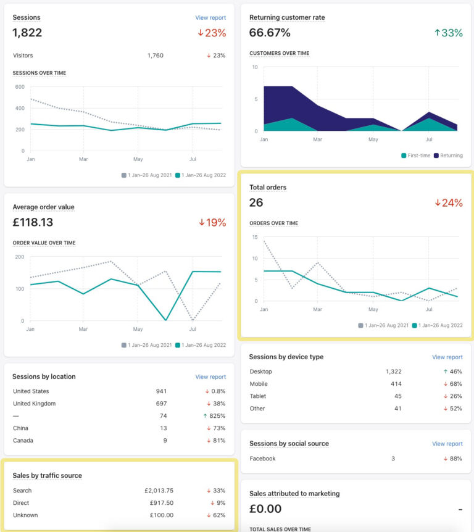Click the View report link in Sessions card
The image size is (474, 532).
[x=210, y=18]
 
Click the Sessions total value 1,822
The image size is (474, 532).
[x=27, y=33]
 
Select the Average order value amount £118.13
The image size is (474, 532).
[x=33, y=222]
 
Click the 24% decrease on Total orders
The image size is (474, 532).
[x=449, y=202]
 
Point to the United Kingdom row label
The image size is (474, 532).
[x=34, y=404]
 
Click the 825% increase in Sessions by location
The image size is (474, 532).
[x=216, y=416]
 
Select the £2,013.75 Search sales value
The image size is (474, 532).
[x=155, y=491]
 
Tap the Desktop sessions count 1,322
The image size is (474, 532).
[x=393, y=372]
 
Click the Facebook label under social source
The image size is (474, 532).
[x=263, y=459]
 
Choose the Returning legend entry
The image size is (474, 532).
[x=451, y=156]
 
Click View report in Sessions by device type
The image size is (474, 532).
[x=447, y=357]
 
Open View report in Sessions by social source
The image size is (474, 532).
[x=447, y=444]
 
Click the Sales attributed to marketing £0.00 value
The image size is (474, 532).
[x=265, y=509]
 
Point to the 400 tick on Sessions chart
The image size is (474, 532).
[x=20, y=108]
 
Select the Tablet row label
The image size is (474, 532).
[x=259, y=396]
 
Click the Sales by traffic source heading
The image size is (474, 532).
[x=48, y=475]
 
